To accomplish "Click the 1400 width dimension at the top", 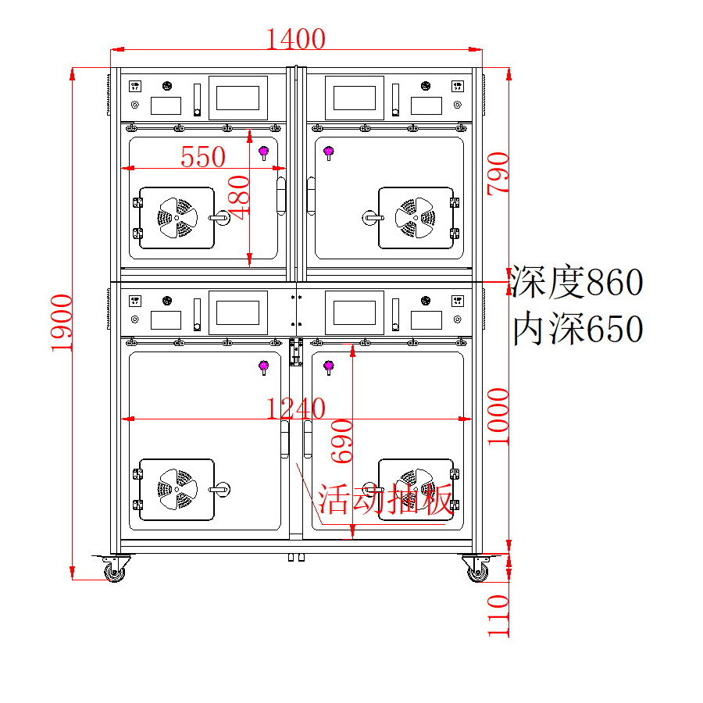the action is coord(296,39).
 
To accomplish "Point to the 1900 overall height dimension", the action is coord(62,323).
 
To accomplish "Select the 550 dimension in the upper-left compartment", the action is coord(203,157).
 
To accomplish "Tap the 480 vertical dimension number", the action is coord(238,198).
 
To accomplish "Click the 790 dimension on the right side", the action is coord(498,173).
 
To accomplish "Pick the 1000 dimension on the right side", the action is coord(498,416).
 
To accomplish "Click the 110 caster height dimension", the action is coord(498,616).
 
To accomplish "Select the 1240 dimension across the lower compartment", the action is coord(296,409).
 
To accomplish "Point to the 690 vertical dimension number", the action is coord(341,441).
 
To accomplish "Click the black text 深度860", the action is coord(577,281).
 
